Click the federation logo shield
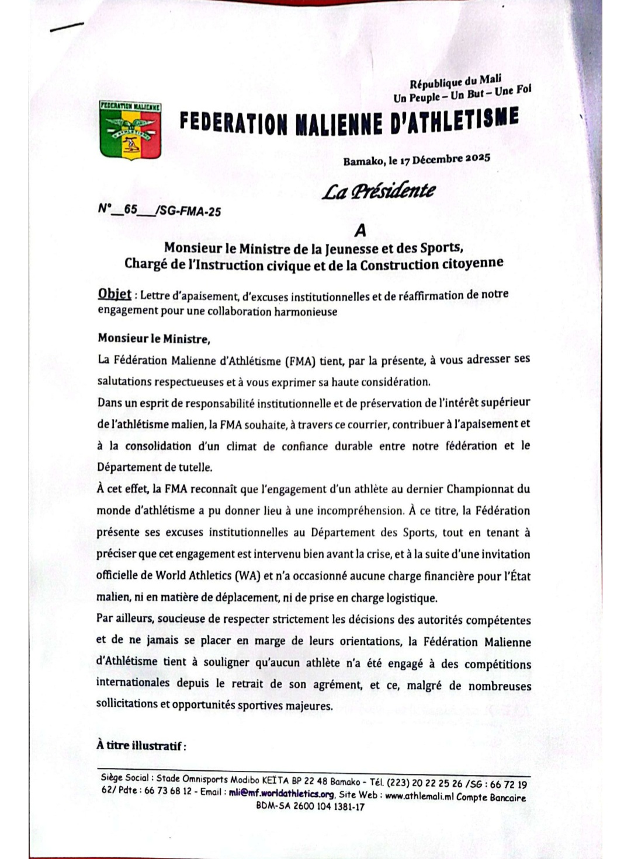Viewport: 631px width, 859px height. point(130,131)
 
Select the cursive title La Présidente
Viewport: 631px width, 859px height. point(379,190)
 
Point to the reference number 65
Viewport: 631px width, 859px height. point(130,209)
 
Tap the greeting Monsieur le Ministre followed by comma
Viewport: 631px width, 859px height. point(154,338)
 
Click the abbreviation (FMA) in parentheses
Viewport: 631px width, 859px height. point(300,361)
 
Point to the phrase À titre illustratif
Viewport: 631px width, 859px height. point(142,745)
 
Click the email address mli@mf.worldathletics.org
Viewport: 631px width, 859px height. point(281,793)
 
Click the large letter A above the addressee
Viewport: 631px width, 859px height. point(360,231)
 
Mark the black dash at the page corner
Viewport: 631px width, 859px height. point(67,27)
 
